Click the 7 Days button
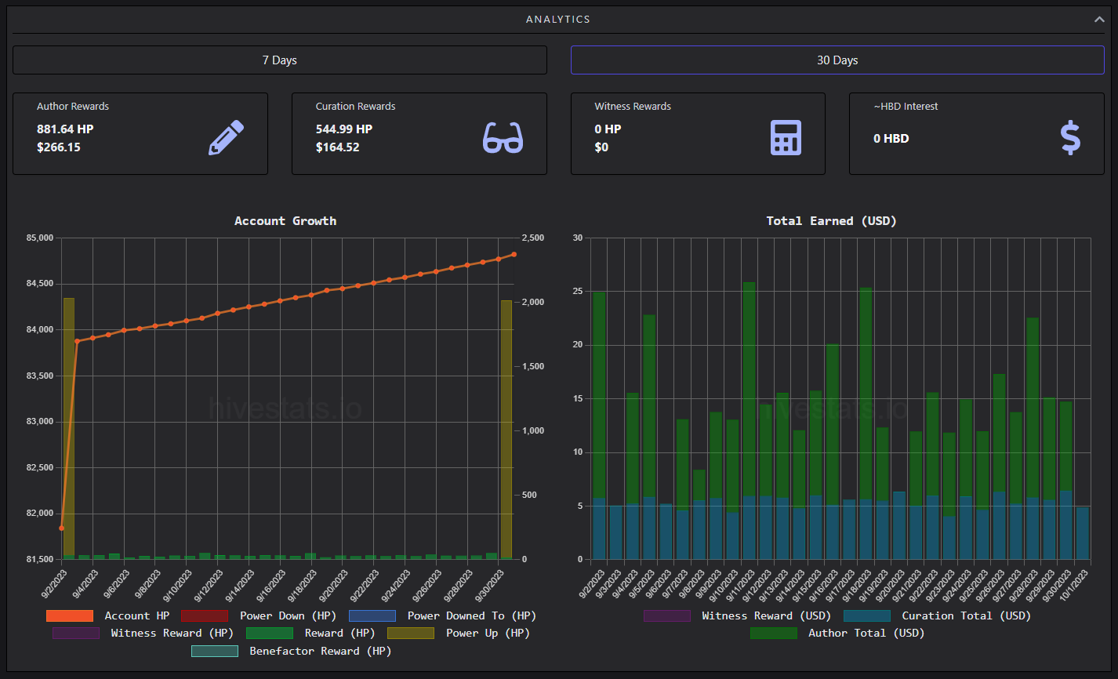pyautogui.click(x=279, y=60)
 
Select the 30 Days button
pyautogui.click(x=837, y=60)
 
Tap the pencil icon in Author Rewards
pyautogui.click(x=226, y=137)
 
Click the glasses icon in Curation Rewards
pyautogui.click(x=503, y=137)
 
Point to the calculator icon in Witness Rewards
pyautogui.click(x=786, y=137)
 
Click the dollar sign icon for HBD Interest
pyautogui.click(x=1070, y=137)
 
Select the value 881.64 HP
pyautogui.click(x=65, y=129)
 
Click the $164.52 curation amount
pyautogui.click(x=337, y=147)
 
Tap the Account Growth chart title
pyautogui.click(x=285, y=220)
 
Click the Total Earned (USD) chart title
pyautogui.click(x=832, y=220)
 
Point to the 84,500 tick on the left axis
pyautogui.click(x=40, y=284)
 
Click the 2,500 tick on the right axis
pyautogui.click(x=533, y=238)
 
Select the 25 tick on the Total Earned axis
pyautogui.click(x=578, y=291)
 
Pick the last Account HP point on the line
pyautogui.click(x=514, y=255)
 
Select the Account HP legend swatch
pyautogui.click(x=69, y=615)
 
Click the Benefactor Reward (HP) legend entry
pyautogui.click(x=292, y=651)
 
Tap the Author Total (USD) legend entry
pyautogui.click(x=837, y=633)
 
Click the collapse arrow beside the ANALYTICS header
pyautogui.click(x=1099, y=20)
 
